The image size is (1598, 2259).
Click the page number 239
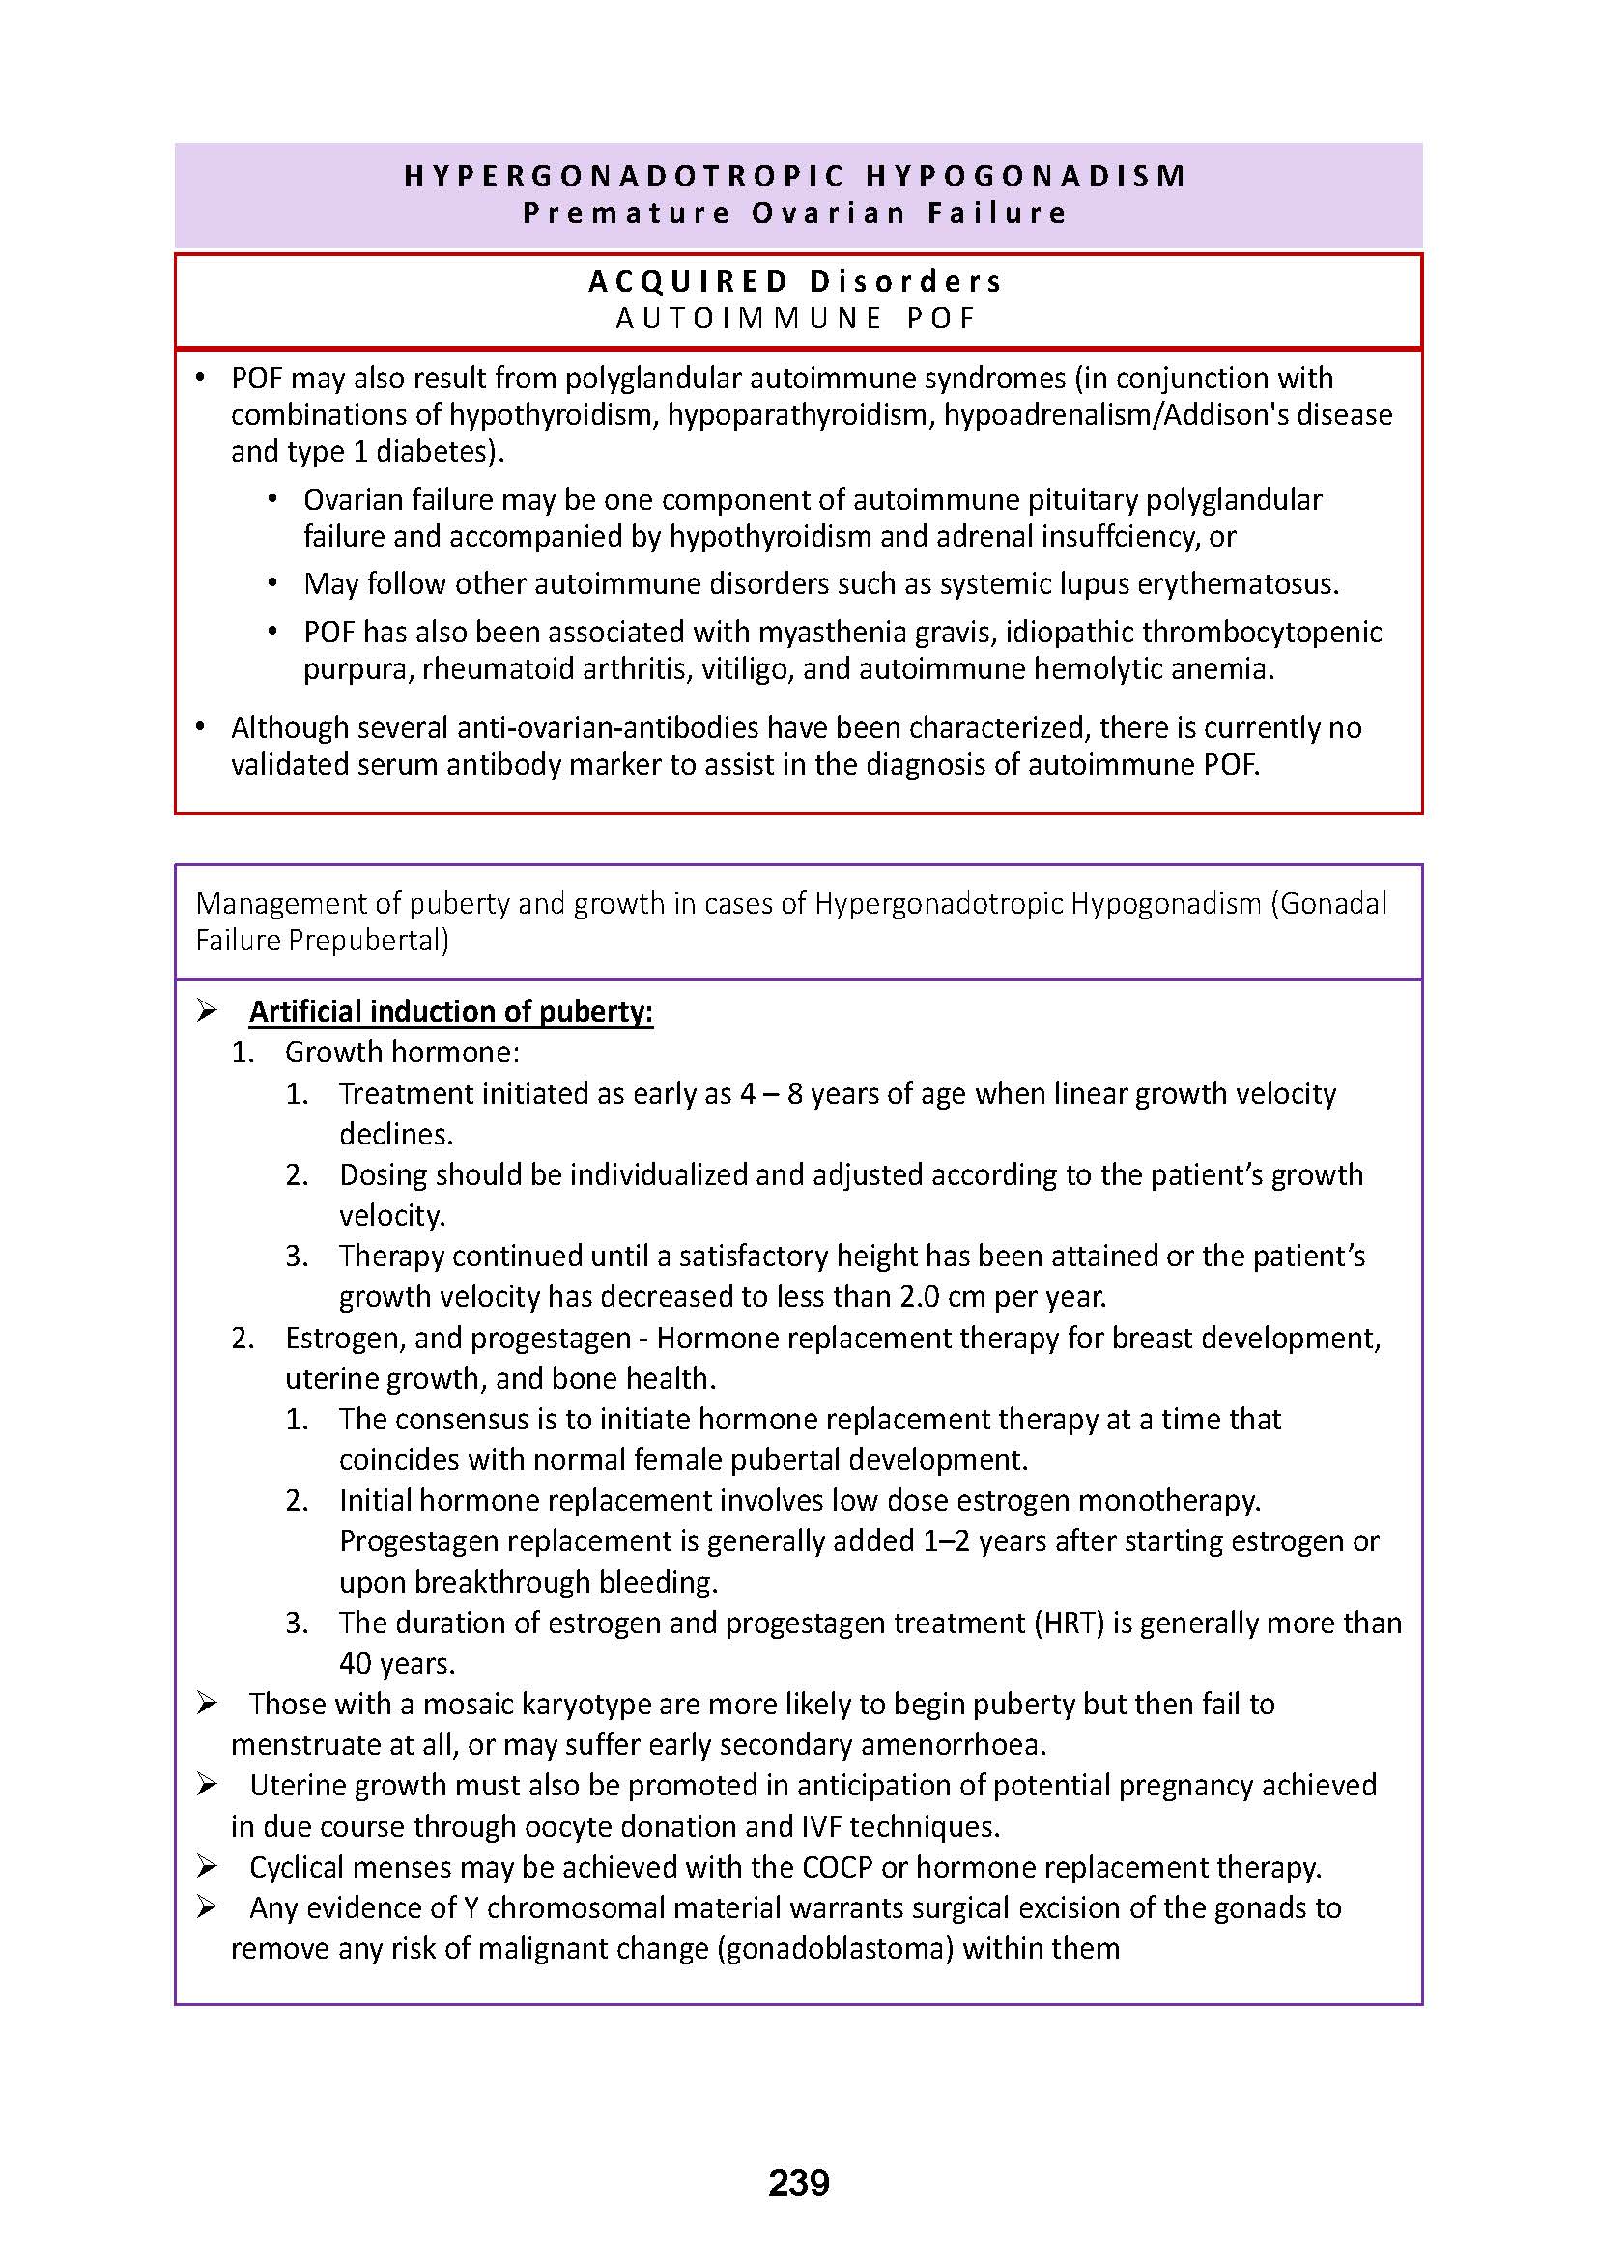[x=798, y=2184]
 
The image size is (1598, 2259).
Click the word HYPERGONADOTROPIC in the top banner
[x=625, y=176]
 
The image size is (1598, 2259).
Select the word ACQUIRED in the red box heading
[x=689, y=282]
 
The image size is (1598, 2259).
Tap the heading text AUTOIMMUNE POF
[x=796, y=319]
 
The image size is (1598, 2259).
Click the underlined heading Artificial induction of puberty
[x=450, y=1011]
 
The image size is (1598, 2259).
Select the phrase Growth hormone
[x=402, y=1052]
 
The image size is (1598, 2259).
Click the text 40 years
[x=396, y=1663]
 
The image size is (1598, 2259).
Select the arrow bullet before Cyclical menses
[x=207, y=1866]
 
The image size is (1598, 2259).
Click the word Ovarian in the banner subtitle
[x=828, y=213]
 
